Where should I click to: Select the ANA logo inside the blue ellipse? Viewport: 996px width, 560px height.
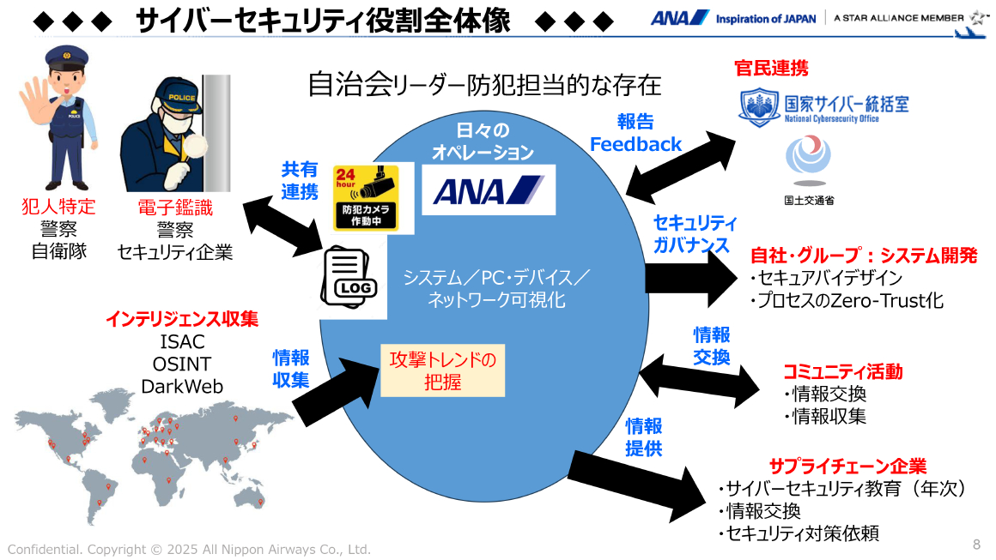pyautogui.click(x=488, y=190)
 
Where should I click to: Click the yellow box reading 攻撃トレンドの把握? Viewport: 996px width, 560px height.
pyautogui.click(x=442, y=370)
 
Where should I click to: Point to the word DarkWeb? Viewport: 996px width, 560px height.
pyautogui.click(x=182, y=386)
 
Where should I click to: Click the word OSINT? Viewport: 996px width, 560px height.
pyautogui.click(x=182, y=364)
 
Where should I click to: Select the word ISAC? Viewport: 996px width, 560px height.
pyautogui.click(x=182, y=342)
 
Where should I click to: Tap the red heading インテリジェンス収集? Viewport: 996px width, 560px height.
pyautogui.click(x=182, y=319)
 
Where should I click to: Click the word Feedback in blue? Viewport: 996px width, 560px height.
pyautogui.click(x=635, y=144)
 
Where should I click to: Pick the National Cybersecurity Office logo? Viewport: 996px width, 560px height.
pyautogui.click(x=823, y=108)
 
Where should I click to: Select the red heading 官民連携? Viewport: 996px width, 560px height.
pyautogui.click(x=771, y=68)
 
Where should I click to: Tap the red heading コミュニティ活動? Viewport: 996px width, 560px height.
pyautogui.click(x=842, y=371)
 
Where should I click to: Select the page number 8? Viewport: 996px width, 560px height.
pyautogui.click(x=976, y=544)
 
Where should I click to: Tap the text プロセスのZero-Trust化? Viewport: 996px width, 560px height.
pyautogui.click(x=847, y=300)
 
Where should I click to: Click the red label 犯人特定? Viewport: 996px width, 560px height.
pyautogui.click(x=58, y=207)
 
